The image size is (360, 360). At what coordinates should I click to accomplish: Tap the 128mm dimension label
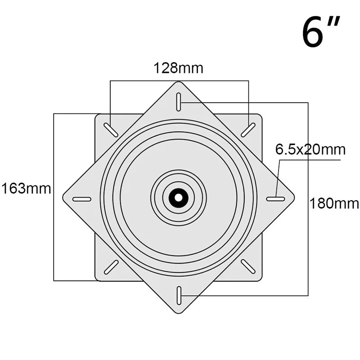click(x=179, y=68)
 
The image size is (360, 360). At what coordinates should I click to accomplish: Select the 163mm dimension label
click(x=26, y=188)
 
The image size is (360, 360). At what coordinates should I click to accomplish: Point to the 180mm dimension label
click(x=334, y=203)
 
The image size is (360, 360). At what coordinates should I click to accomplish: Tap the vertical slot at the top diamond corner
click(x=179, y=101)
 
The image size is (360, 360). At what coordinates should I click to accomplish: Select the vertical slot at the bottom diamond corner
click(x=179, y=294)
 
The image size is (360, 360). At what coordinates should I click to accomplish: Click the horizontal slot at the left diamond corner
click(x=81, y=199)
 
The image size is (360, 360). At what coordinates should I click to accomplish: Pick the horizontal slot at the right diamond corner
click(x=275, y=198)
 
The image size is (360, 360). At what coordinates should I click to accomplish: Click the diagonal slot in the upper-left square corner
click(x=111, y=130)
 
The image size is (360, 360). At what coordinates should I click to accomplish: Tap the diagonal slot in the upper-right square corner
click(x=248, y=130)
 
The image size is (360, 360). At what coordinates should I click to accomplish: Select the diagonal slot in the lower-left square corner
click(x=111, y=266)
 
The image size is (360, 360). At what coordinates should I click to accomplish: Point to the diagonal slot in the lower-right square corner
click(x=248, y=266)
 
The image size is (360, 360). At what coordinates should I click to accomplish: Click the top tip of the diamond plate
click(x=179, y=83)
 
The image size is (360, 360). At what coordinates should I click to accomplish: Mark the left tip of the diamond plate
click(x=63, y=198)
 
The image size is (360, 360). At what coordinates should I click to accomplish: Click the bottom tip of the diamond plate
click(x=179, y=313)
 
